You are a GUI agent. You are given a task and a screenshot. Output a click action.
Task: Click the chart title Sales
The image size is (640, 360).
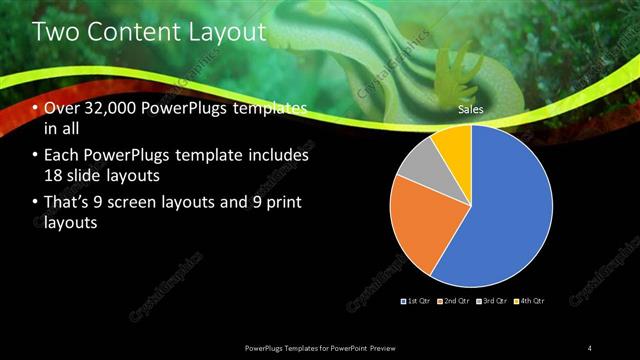471,107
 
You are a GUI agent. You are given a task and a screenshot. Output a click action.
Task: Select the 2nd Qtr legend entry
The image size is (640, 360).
457,300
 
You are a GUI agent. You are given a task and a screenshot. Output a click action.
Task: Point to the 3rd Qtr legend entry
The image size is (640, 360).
493,300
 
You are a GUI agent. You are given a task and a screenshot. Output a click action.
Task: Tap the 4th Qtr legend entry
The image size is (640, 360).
529,300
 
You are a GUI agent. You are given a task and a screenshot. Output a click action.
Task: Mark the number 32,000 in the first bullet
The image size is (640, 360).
110,109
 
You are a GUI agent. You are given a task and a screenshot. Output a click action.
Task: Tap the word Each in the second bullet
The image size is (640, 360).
61,156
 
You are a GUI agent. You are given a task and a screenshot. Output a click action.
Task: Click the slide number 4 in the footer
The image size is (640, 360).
590,347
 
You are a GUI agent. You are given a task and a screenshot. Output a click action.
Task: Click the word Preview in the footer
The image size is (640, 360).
392,347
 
